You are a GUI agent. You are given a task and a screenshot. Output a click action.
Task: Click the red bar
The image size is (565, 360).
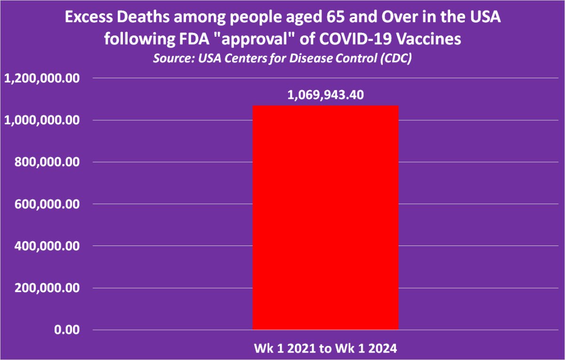pos(326,217)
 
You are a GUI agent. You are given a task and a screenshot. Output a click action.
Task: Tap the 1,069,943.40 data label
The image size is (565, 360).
pos(326,95)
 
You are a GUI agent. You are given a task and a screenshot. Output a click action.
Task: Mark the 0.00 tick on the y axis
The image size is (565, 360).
pos(66,330)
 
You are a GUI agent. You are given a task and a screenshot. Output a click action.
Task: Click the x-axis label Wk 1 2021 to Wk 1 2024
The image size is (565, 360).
pos(326,349)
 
